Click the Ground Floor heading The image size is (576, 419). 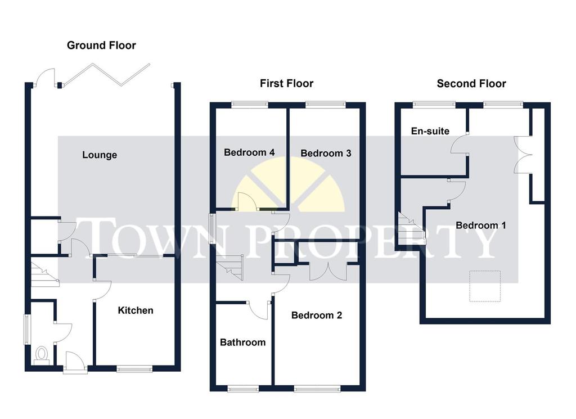101,45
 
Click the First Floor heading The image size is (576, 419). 286,83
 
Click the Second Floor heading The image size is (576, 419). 471,84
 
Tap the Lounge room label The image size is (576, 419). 100,155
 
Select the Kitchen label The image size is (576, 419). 136,310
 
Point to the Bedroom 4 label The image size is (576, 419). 249,152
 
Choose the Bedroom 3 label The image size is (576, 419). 326,153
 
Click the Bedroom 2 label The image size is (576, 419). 317,315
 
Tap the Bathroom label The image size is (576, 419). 243,343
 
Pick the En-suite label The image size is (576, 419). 430,131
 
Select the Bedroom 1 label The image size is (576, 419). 481,225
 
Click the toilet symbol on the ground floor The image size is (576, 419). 42,355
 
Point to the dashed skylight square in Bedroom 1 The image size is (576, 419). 485,286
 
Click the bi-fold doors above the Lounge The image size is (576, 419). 106,75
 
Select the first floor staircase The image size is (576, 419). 230,267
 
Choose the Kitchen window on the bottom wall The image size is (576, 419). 134,369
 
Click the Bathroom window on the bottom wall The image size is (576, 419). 243,389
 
